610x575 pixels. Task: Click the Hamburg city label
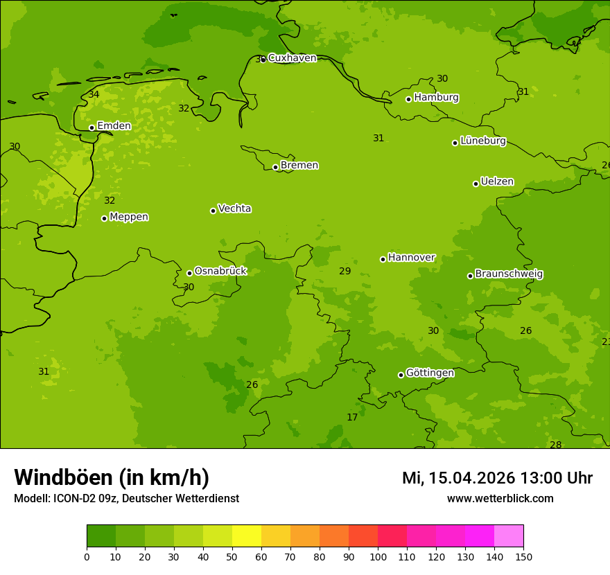click(x=436, y=98)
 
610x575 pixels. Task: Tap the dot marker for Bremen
click(x=275, y=167)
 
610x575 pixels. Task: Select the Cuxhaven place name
click(x=292, y=58)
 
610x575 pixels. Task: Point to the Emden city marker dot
click(x=91, y=127)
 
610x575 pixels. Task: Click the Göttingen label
click(x=430, y=373)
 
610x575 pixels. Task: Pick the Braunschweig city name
click(x=509, y=274)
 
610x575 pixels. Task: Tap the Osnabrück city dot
click(x=189, y=273)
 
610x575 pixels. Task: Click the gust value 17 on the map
click(x=352, y=417)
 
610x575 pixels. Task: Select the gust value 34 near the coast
click(x=94, y=94)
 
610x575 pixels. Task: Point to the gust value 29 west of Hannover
click(x=345, y=271)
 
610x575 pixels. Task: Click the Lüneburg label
click(x=483, y=141)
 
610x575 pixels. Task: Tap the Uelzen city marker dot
click(x=476, y=184)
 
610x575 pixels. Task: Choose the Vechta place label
click(x=234, y=209)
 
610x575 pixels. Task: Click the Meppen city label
click(x=129, y=217)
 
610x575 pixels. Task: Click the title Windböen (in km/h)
click(x=112, y=477)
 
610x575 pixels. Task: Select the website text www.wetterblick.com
click(x=500, y=498)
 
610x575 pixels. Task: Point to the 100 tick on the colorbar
click(x=378, y=556)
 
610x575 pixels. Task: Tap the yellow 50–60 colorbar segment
click(x=247, y=536)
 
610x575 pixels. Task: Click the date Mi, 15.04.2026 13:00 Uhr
click(x=497, y=478)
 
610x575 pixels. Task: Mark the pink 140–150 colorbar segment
click(x=509, y=536)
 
